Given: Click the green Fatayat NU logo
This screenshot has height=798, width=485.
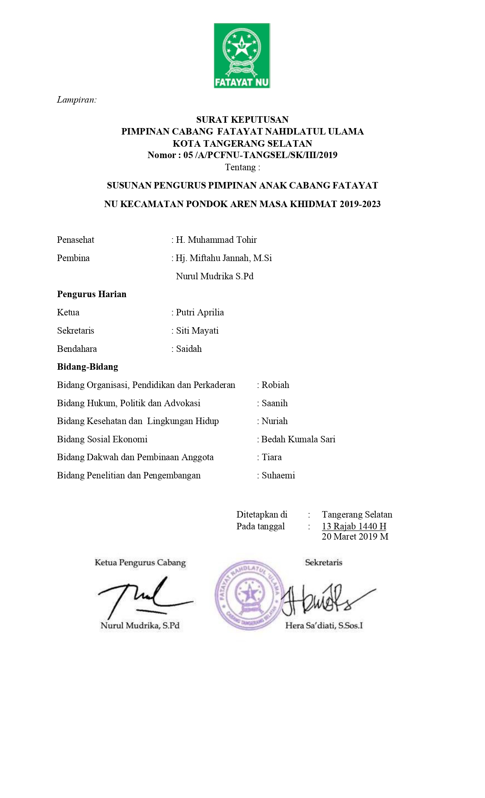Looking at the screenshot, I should pos(242,55).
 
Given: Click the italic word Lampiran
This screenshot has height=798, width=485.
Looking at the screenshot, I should pos(77,100).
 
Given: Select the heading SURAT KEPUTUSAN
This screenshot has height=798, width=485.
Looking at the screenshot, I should pos(242,120).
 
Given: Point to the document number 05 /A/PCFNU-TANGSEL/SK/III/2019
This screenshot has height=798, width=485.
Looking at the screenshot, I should pos(260,155).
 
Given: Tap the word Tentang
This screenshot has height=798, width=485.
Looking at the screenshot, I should pos(242,167).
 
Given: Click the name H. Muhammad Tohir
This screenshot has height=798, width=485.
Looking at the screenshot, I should pos(216,240).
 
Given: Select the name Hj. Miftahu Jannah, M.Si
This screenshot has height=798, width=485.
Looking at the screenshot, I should pos(224,258).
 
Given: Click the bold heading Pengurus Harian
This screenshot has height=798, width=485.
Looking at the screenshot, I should pos(92,294).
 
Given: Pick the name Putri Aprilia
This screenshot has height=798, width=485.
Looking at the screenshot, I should pos(200,312).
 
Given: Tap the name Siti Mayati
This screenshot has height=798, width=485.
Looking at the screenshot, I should pos(197,331).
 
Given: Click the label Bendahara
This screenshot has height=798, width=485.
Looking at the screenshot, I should pos(77,349).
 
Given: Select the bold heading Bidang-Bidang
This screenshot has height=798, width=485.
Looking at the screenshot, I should pos(87,367).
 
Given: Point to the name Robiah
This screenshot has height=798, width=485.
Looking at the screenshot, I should pos(275,385).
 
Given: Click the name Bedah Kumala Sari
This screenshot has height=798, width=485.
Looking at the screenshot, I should pos(298,439).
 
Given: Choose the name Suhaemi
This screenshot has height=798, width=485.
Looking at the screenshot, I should pos(278,475).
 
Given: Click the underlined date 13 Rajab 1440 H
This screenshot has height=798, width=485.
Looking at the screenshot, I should pos(354,526).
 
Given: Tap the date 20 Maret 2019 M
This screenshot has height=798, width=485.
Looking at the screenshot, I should pos(355,537).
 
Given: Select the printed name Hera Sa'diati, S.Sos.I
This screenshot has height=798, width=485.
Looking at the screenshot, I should pos(324,626).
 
